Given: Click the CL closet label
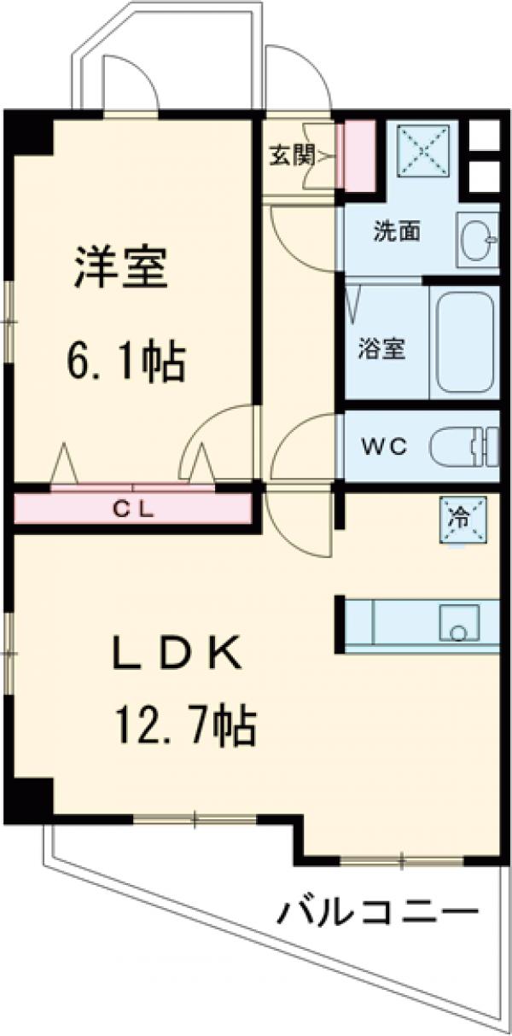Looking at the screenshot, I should (134, 509).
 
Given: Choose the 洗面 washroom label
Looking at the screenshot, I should (397, 231).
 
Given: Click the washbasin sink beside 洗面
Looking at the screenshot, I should (475, 240).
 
